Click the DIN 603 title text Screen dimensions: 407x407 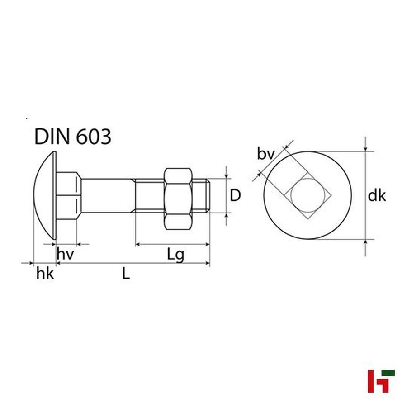pyautogui.click(x=73, y=136)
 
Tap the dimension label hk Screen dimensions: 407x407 pyautogui.click(x=45, y=274)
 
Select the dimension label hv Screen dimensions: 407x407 pyautogui.click(x=65, y=254)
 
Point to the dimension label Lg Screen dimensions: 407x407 pyautogui.click(x=176, y=255)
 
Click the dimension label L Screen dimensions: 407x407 pyautogui.click(x=126, y=274)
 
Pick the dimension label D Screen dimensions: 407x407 pyautogui.click(x=236, y=195)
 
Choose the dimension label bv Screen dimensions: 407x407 pyautogui.click(x=266, y=154)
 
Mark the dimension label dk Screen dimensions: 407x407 pyautogui.click(x=377, y=195)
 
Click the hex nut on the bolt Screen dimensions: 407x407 pyautogui.click(x=178, y=199)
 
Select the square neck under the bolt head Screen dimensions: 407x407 pyautogui.click(x=68, y=195)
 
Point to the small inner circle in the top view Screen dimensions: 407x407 pyautogui.click(x=308, y=195)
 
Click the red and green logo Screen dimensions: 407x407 pyautogui.click(x=381, y=381)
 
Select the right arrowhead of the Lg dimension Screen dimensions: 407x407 pyautogui.click(x=208, y=244)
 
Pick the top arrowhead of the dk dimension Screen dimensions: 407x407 pyautogui.click(x=365, y=149)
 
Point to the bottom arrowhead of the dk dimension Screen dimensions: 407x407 pyautogui.click(x=365, y=241)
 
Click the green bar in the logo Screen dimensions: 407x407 pyautogui.click(x=387, y=373)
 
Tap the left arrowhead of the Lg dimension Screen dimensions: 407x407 pyautogui.click(x=138, y=244)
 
